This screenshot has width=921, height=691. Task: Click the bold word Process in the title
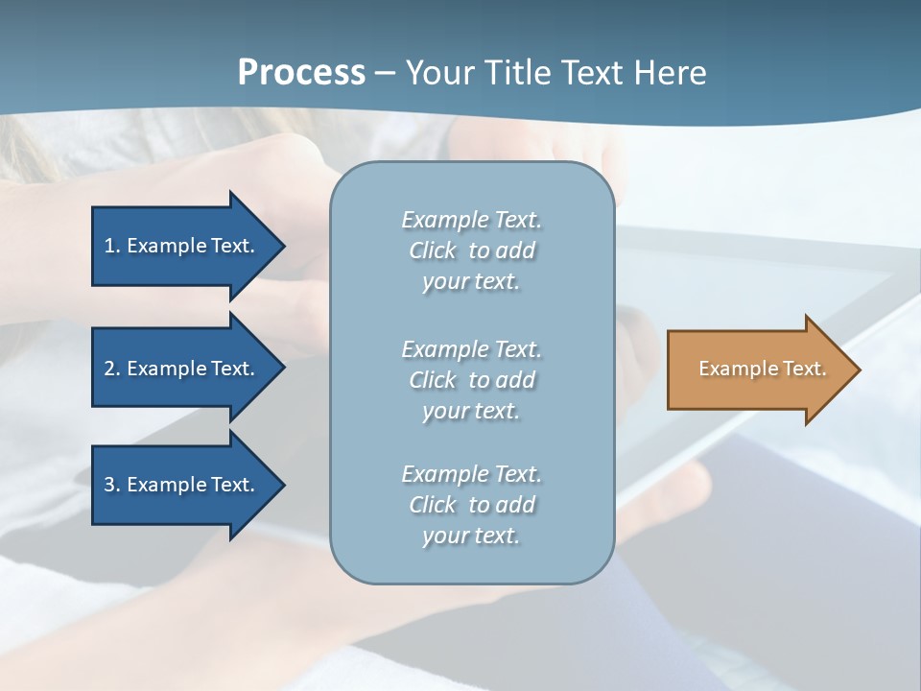pos(301,73)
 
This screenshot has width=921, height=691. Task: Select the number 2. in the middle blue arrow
pos(112,369)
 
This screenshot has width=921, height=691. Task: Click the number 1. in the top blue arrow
pos(112,246)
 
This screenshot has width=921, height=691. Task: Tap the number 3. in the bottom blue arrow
pos(112,485)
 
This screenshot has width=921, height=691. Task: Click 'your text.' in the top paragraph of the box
pos(471,282)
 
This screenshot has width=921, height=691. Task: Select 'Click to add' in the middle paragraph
pos(471,380)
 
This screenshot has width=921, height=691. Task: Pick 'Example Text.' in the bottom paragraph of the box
pos(471,474)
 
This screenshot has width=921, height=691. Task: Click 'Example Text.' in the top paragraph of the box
pos(471,220)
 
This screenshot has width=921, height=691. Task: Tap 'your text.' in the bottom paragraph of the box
pos(471,536)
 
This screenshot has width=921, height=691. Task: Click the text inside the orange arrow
pos(763,369)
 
